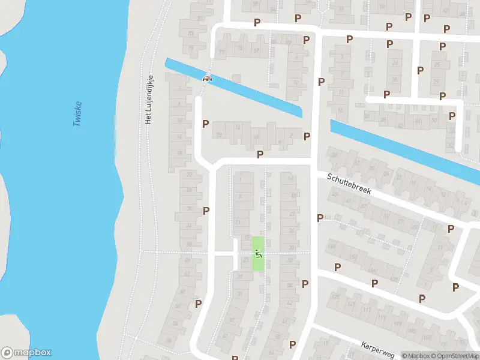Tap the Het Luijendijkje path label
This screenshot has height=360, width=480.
tap(149, 100)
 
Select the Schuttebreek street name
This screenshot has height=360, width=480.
tap(349, 184)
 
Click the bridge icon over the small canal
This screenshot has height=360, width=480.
tap(208, 77)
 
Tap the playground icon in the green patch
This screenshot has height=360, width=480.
tap(258, 254)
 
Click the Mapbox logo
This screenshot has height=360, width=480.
tap(26, 353)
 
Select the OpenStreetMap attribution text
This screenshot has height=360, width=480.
tap(455, 356)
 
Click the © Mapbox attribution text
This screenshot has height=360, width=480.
tap(416, 356)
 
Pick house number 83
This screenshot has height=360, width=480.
tap(191, 34)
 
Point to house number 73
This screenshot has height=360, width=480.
tap(240, 47)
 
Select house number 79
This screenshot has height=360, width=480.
tap(191, 48)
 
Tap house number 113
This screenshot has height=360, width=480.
tap(382, 318)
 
